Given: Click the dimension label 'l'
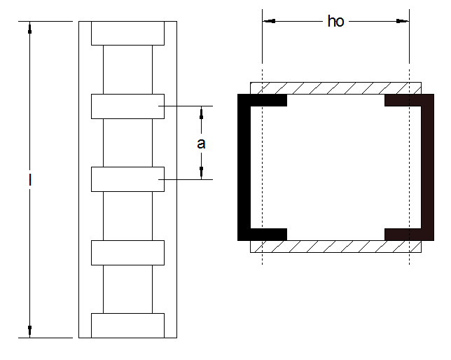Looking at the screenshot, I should (30, 180).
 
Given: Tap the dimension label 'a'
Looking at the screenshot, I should (201, 144).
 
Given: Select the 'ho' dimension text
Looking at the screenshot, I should (336, 22).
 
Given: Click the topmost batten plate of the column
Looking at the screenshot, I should (127, 33).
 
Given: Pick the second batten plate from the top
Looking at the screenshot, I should (127, 106).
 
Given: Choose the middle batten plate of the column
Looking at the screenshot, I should (127, 179).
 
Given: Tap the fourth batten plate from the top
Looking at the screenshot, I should (127, 252).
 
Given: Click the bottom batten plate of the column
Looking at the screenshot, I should (127, 326).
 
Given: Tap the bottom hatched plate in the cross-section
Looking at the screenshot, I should (336, 246).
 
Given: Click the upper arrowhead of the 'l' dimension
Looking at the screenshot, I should (30, 27).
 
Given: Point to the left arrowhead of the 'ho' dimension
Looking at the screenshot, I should (268, 22).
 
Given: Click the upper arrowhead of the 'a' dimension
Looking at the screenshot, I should (201, 111).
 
